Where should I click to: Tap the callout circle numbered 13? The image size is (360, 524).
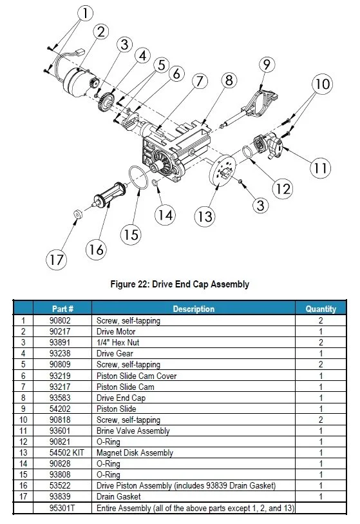pyautogui.click(x=205, y=216)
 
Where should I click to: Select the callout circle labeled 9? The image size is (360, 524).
pyautogui.click(x=267, y=64)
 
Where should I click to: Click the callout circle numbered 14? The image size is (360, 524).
pyautogui.click(x=167, y=215)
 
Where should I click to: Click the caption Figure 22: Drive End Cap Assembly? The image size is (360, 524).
pyautogui.click(x=180, y=284)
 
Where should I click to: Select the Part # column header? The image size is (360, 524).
pyautogui.click(x=61, y=309)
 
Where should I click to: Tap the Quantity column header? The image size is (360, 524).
pyautogui.click(x=321, y=309)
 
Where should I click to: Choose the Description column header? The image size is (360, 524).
pyautogui.click(x=193, y=309)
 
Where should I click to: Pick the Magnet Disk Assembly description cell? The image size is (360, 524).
pyautogui.click(x=135, y=453)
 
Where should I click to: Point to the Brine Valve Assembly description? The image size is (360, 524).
pyautogui.click(x=133, y=431)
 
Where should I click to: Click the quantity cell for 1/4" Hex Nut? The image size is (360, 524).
pyautogui.click(x=321, y=342)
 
